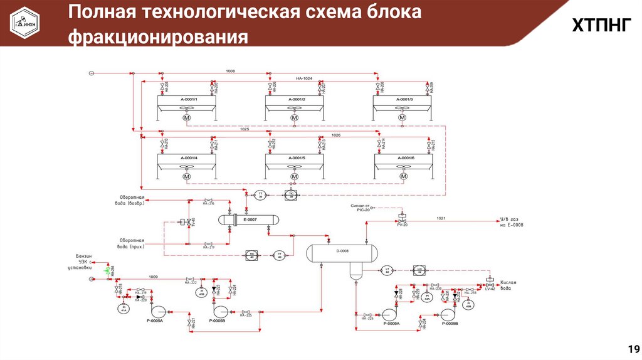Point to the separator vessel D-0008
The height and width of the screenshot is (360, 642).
click(x=342, y=251)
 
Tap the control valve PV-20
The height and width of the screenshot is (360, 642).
click(x=402, y=221)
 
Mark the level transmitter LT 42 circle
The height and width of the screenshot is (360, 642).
click(x=386, y=271)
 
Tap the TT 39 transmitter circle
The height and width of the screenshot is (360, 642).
click(x=260, y=194)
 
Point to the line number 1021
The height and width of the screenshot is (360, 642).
click(x=441, y=218)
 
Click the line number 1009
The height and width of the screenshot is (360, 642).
click(x=152, y=277)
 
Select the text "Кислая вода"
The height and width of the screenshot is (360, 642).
click(x=508, y=286)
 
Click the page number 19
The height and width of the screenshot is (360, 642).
click(x=632, y=349)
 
